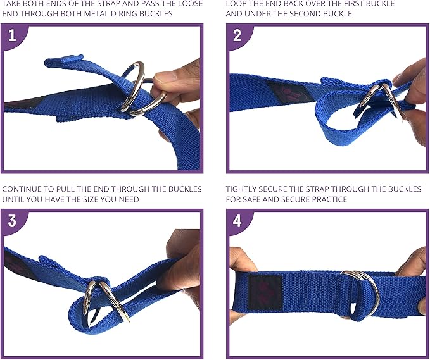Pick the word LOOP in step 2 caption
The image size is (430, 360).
pyautogui.click(x=237, y=4)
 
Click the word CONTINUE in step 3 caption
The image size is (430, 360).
pyautogui.click(x=25, y=189)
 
